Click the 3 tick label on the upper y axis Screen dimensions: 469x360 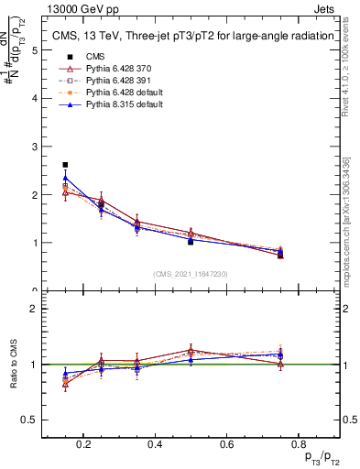(x=34, y=147)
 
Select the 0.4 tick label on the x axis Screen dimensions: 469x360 (x=156, y=444)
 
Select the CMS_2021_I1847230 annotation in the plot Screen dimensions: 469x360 (x=191, y=274)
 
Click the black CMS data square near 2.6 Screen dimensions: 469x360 (x=65, y=165)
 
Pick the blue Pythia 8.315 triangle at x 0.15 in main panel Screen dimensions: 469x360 (x=65, y=178)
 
